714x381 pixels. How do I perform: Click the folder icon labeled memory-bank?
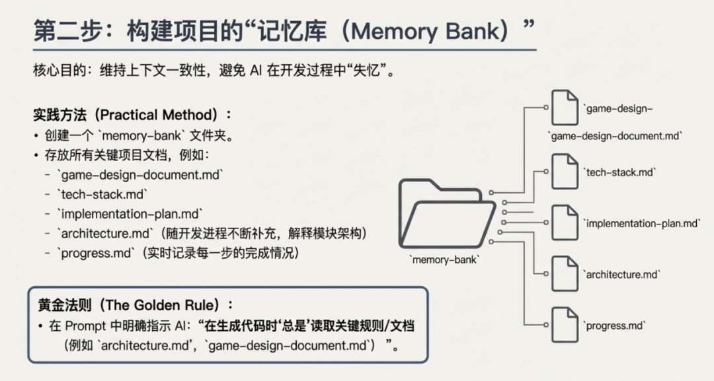447,213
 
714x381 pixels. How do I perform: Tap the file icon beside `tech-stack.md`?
565,171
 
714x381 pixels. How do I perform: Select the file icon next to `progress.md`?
565,324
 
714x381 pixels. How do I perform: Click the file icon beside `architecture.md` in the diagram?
565,273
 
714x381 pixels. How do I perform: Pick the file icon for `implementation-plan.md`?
565,222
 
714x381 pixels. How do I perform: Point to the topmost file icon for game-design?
565,108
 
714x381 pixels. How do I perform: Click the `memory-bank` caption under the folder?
445,260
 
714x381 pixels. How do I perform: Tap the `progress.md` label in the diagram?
614,326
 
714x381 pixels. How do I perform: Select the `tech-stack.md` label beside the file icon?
619,172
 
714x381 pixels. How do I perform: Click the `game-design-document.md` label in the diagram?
615,135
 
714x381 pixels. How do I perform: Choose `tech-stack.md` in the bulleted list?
102,195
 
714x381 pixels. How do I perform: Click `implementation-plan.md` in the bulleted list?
129,214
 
